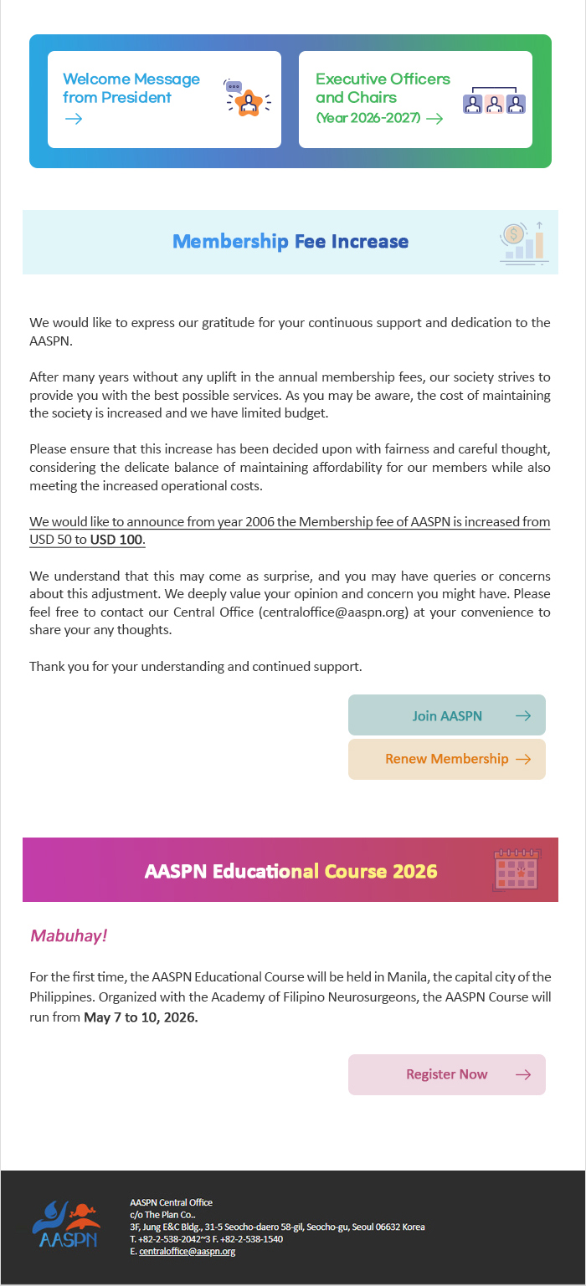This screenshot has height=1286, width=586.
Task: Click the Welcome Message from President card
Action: [164, 99]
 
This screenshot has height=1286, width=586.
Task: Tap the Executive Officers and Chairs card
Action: [415, 99]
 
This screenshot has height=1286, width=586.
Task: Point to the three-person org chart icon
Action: [495, 101]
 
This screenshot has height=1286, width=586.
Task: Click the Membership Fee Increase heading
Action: [290, 242]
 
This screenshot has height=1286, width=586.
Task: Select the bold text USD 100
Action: [117, 540]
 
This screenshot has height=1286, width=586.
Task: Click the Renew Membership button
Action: [447, 759]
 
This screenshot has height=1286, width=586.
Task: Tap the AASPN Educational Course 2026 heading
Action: [290, 871]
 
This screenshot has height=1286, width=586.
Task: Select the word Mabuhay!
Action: [69, 935]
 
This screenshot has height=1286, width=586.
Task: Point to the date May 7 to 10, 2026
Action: [141, 1017]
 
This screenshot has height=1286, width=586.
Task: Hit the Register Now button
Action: [447, 1074]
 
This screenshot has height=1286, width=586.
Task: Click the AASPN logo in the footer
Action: [65, 1224]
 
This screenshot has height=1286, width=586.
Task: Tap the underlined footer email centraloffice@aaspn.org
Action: [188, 1252]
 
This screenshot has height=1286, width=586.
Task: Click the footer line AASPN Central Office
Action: [172, 1202]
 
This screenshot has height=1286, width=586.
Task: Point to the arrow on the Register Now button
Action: [523, 1074]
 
